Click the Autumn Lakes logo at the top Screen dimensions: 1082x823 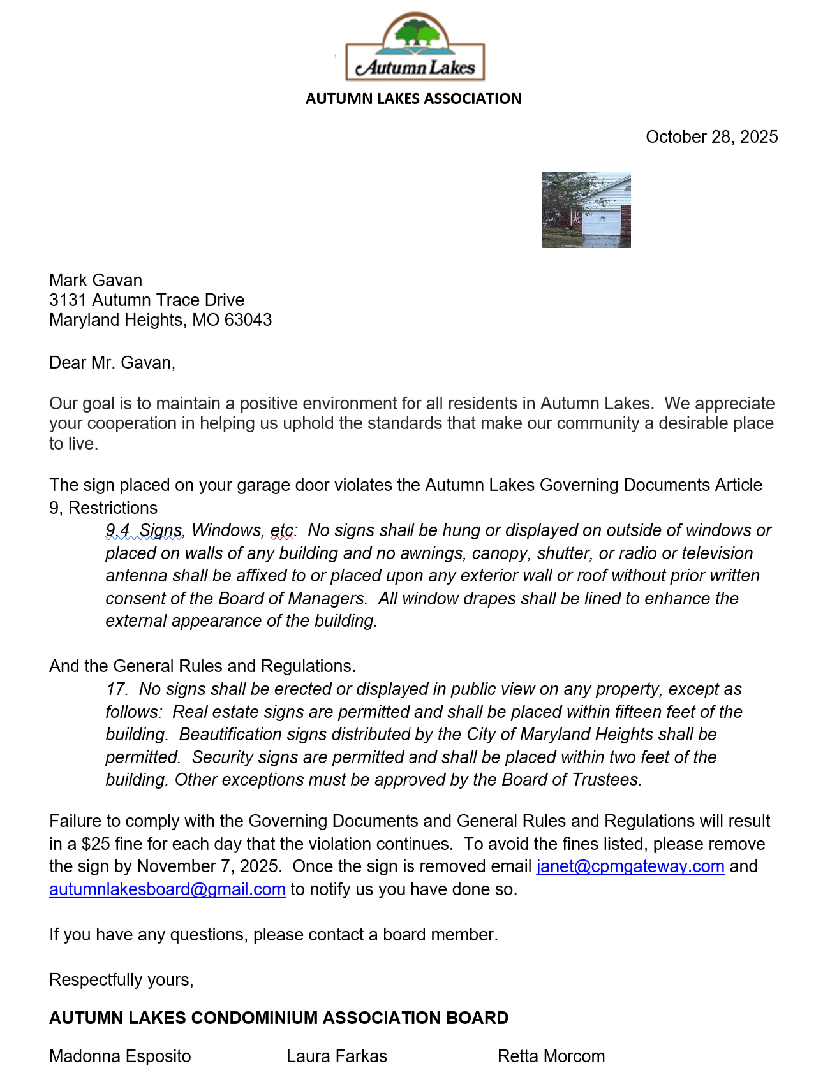click(415, 48)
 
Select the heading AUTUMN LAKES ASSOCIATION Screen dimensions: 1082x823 click(413, 99)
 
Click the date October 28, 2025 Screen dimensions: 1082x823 click(711, 137)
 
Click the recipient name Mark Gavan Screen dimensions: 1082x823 click(96, 281)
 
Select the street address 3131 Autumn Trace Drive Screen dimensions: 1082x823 click(147, 300)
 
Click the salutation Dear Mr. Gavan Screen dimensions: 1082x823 click(112, 363)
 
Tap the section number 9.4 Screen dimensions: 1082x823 click(117, 530)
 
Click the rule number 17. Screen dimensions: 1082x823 click(117, 689)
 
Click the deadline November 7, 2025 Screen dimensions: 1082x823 click(209, 866)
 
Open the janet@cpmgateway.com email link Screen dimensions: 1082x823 click(630, 866)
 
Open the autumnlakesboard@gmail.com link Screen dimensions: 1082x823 click(167, 889)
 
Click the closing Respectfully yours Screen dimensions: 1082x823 click(121, 980)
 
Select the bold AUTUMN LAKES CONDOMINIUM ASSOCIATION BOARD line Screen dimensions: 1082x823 click(279, 1018)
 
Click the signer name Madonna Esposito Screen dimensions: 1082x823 click(120, 1056)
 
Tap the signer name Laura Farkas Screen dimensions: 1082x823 click(337, 1056)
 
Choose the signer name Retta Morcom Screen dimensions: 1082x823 click(551, 1056)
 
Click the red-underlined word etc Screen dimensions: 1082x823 click(283, 530)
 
